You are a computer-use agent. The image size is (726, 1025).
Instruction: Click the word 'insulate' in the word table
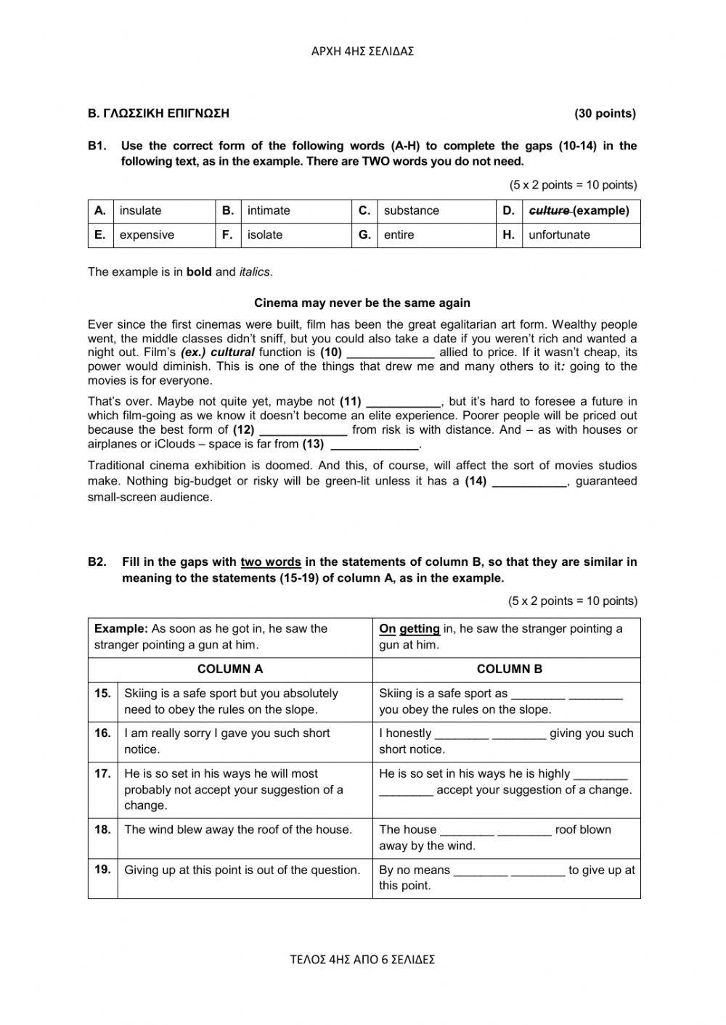140,211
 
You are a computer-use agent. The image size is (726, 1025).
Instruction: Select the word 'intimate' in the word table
268,211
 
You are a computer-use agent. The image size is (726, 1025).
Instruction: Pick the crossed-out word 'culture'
549,211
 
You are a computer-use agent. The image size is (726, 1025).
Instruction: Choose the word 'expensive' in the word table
147,235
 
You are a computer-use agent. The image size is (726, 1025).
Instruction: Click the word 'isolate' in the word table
264,235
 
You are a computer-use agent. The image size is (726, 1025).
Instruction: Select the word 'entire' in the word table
399,235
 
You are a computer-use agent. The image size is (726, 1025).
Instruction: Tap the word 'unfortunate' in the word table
559,235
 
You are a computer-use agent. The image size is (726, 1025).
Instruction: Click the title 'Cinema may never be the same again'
362,303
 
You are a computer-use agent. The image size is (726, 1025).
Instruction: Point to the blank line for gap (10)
391,353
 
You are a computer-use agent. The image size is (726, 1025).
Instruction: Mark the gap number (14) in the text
476,481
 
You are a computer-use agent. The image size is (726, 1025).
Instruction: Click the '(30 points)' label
605,113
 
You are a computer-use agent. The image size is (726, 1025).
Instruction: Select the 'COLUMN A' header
230,670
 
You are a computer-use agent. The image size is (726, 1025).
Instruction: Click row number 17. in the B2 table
102,774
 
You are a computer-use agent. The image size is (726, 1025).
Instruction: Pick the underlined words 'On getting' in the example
409,629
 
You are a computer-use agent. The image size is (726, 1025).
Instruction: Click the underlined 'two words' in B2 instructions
270,562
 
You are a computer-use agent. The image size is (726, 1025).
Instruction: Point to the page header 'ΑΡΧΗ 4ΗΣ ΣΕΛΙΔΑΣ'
362,52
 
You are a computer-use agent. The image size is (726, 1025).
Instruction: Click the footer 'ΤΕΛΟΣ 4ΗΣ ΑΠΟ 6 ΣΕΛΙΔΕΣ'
362,960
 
